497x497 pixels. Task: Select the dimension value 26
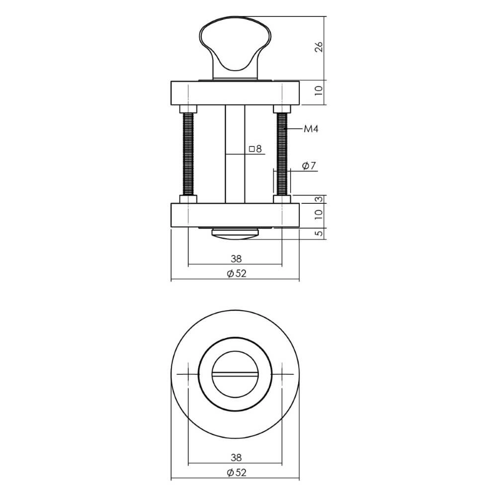tap(319, 47)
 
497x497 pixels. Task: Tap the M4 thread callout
tap(311, 129)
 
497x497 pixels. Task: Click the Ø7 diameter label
tap(309, 166)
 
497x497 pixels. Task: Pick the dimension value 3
tap(319, 199)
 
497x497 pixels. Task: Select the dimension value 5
tap(319, 233)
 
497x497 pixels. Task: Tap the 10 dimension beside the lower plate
tap(319, 215)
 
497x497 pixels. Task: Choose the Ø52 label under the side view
tap(236, 273)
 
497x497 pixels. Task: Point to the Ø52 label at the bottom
tap(236, 473)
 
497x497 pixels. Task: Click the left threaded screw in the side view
tap(189, 154)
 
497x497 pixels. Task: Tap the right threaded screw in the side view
tap(282, 154)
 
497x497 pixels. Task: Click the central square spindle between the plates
tap(235, 154)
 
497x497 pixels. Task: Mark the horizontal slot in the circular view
tap(235, 374)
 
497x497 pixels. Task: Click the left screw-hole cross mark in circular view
tap(189, 374)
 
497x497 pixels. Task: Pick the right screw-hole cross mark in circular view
tap(282, 374)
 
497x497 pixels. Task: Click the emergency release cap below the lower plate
tap(235, 234)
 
